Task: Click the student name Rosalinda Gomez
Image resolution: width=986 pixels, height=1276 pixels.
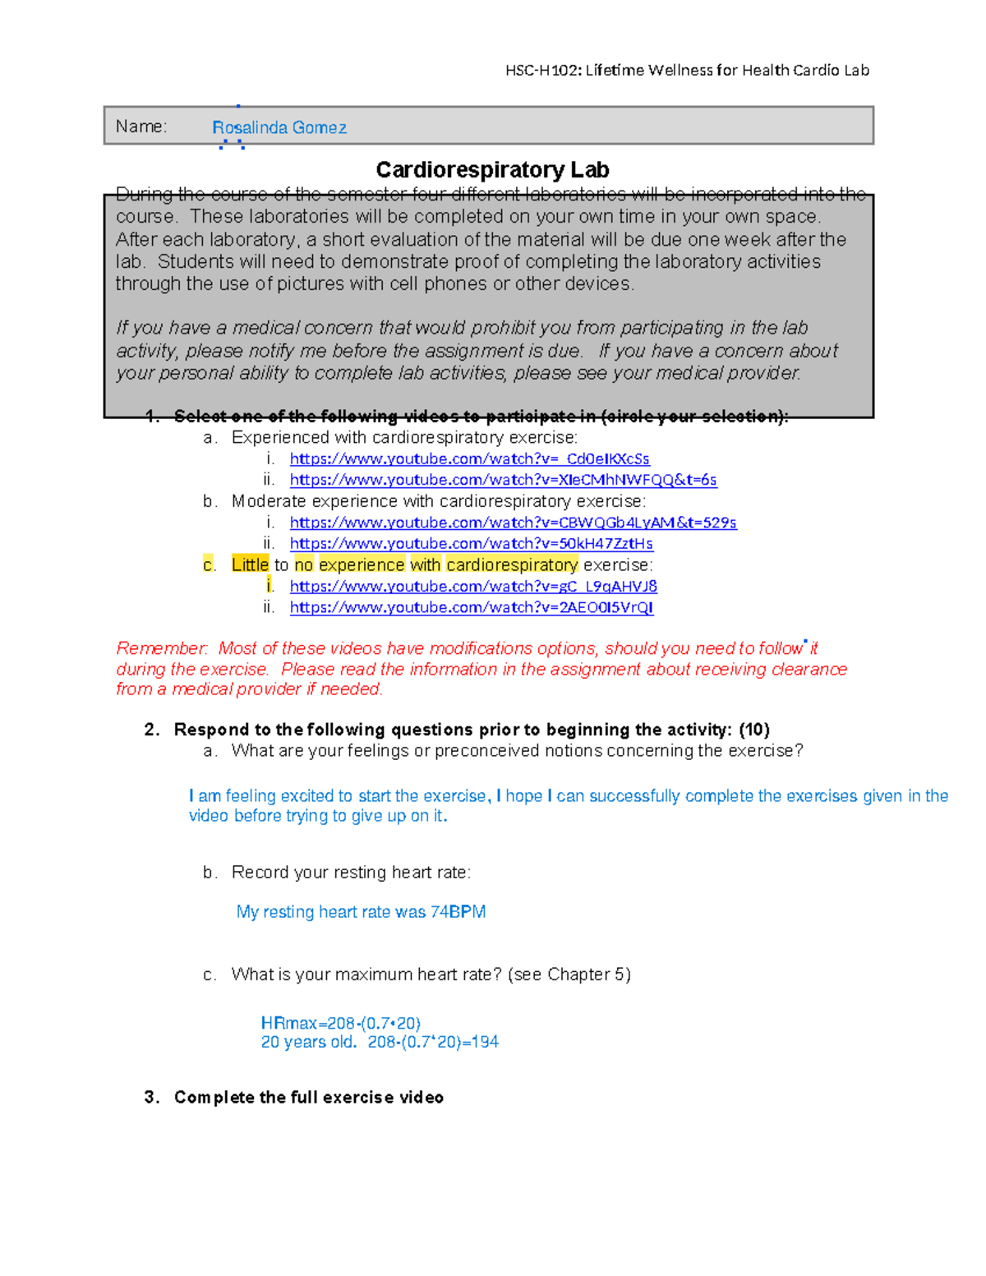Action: (x=279, y=128)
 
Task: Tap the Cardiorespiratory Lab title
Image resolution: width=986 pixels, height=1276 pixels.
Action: (x=492, y=170)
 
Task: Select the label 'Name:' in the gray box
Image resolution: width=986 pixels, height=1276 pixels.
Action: (x=141, y=127)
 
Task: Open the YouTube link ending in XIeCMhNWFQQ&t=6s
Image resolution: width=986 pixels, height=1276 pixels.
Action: (x=503, y=480)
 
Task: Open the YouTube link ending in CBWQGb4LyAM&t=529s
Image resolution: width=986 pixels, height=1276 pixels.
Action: (x=513, y=523)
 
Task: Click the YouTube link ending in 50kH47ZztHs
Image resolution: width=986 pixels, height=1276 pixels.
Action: (x=471, y=544)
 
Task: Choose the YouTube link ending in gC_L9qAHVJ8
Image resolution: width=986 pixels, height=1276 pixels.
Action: (x=473, y=587)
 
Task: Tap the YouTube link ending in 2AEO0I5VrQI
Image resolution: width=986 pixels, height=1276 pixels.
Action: (x=472, y=608)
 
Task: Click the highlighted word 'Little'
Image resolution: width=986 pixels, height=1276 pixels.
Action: (x=250, y=565)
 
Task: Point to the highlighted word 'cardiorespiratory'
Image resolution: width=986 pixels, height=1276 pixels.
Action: (x=512, y=565)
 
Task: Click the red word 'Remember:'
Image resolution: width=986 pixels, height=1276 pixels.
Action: (x=162, y=649)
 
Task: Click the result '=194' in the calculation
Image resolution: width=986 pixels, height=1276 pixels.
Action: (x=480, y=1043)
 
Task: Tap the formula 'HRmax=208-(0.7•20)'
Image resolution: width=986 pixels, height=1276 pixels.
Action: (x=340, y=1024)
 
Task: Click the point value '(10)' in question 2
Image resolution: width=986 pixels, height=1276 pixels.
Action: (x=753, y=730)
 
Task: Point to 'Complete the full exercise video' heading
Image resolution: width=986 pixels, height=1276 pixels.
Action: (x=309, y=1098)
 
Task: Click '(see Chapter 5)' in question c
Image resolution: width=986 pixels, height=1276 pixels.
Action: (x=569, y=975)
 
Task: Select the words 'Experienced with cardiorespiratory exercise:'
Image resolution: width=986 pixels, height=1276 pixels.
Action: (x=404, y=438)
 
